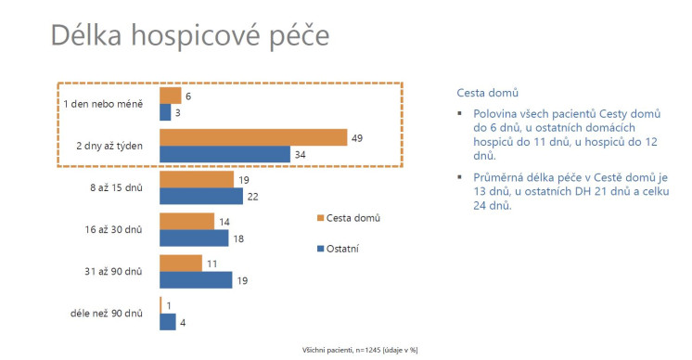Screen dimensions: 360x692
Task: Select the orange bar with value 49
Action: pos(253,137)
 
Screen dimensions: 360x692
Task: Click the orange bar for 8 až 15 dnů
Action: pos(197,179)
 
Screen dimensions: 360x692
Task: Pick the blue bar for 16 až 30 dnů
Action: pos(194,238)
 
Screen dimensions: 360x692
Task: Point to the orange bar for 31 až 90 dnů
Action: pos(181,263)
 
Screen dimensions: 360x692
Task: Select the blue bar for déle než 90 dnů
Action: pos(168,322)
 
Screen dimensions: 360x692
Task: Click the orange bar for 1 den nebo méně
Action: pos(171,95)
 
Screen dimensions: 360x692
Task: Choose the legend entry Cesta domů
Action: pos(348,217)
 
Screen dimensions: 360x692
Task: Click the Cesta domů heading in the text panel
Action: pos(487,94)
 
